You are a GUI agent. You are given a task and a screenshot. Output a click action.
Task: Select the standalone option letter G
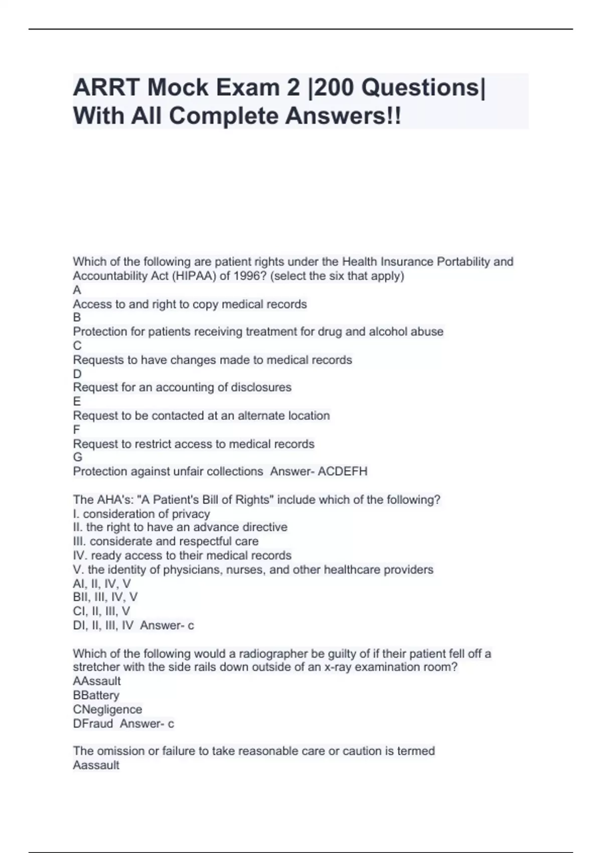(77, 457)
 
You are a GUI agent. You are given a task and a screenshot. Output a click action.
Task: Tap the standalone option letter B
(77, 317)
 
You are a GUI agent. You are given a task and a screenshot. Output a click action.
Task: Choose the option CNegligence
(107, 709)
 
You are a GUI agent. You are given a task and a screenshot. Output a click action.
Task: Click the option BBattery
(96, 695)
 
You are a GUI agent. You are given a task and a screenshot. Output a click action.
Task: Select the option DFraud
(93, 724)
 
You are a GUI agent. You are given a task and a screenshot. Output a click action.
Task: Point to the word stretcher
(97, 667)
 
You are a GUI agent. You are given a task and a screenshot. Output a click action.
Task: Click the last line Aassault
(96, 765)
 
